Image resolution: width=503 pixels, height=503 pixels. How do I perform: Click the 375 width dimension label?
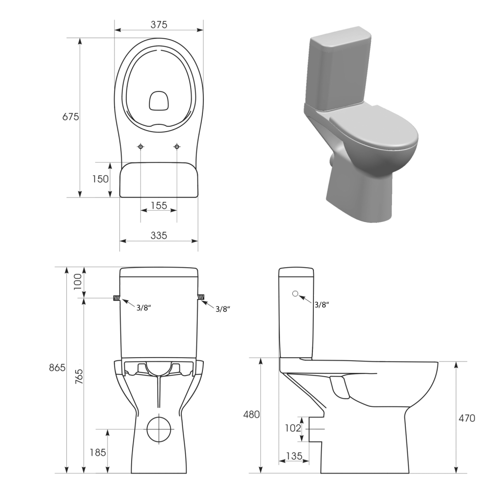click(159, 24)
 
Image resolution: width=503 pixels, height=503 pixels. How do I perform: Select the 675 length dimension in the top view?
click(70, 117)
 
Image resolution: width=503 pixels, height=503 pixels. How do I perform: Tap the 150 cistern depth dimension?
click(100, 179)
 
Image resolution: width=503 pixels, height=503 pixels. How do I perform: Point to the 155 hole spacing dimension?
click(159, 205)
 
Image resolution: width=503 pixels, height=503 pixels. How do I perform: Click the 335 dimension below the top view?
click(159, 235)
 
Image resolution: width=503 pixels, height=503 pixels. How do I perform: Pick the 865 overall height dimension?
click(57, 368)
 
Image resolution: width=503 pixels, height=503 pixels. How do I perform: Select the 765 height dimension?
click(79, 376)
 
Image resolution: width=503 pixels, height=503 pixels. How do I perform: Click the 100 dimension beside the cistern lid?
click(78, 282)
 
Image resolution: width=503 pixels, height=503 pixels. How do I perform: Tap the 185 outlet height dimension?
click(98, 452)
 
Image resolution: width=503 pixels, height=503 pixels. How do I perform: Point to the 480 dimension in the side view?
click(251, 414)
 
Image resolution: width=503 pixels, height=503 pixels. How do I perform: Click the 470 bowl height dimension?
click(466, 418)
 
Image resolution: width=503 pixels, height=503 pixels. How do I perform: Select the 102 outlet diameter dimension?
click(292, 428)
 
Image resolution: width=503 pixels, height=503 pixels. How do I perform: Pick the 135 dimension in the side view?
click(294, 456)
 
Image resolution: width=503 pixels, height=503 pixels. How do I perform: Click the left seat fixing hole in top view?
click(141, 146)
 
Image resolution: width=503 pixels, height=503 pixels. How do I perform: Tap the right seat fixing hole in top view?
click(177, 146)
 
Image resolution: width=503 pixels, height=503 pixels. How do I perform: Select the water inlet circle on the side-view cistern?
click(295, 294)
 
